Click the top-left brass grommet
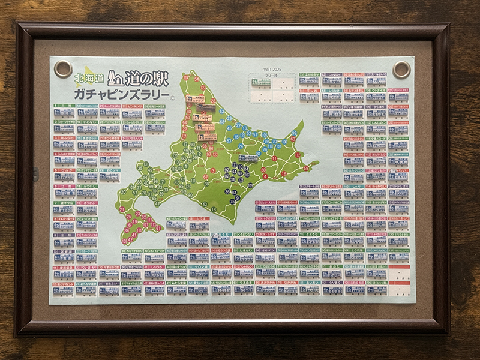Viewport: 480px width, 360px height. tap(62, 68)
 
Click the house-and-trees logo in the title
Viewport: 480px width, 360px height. tap(118, 79)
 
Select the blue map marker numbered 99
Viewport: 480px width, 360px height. tap(294, 133)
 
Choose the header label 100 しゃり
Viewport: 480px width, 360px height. tap(354, 187)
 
